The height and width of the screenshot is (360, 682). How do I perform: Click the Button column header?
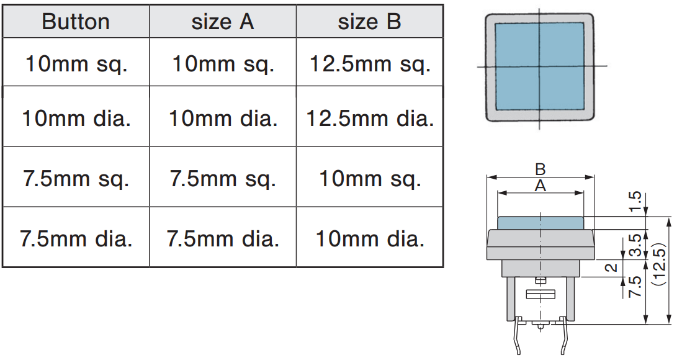(76, 22)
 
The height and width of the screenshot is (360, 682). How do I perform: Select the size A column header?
(223, 22)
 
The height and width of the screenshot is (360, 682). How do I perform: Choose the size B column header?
(369, 22)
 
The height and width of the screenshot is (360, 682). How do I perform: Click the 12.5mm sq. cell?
(369, 64)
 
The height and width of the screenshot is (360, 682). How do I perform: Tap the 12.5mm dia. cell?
(370, 118)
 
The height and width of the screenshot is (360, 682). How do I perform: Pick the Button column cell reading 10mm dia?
(76, 118)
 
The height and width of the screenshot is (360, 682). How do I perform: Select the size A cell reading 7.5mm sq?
(223, 179)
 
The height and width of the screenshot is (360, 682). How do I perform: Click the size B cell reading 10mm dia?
(370, 238)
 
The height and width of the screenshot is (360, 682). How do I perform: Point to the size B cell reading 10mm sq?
(370, 179)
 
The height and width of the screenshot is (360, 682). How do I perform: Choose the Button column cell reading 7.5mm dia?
(76, 238)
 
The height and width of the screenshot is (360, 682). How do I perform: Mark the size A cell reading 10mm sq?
(223, 64)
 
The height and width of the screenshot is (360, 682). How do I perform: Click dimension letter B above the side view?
(540, 169)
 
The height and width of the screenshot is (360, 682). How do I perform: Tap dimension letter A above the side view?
(540, 186)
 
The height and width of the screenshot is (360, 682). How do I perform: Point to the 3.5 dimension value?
(634, 245)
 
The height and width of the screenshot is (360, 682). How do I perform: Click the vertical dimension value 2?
(611, 268)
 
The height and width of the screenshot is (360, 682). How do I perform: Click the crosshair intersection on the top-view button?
(539, 66)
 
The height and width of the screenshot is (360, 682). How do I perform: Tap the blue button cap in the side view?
(540, 223)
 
